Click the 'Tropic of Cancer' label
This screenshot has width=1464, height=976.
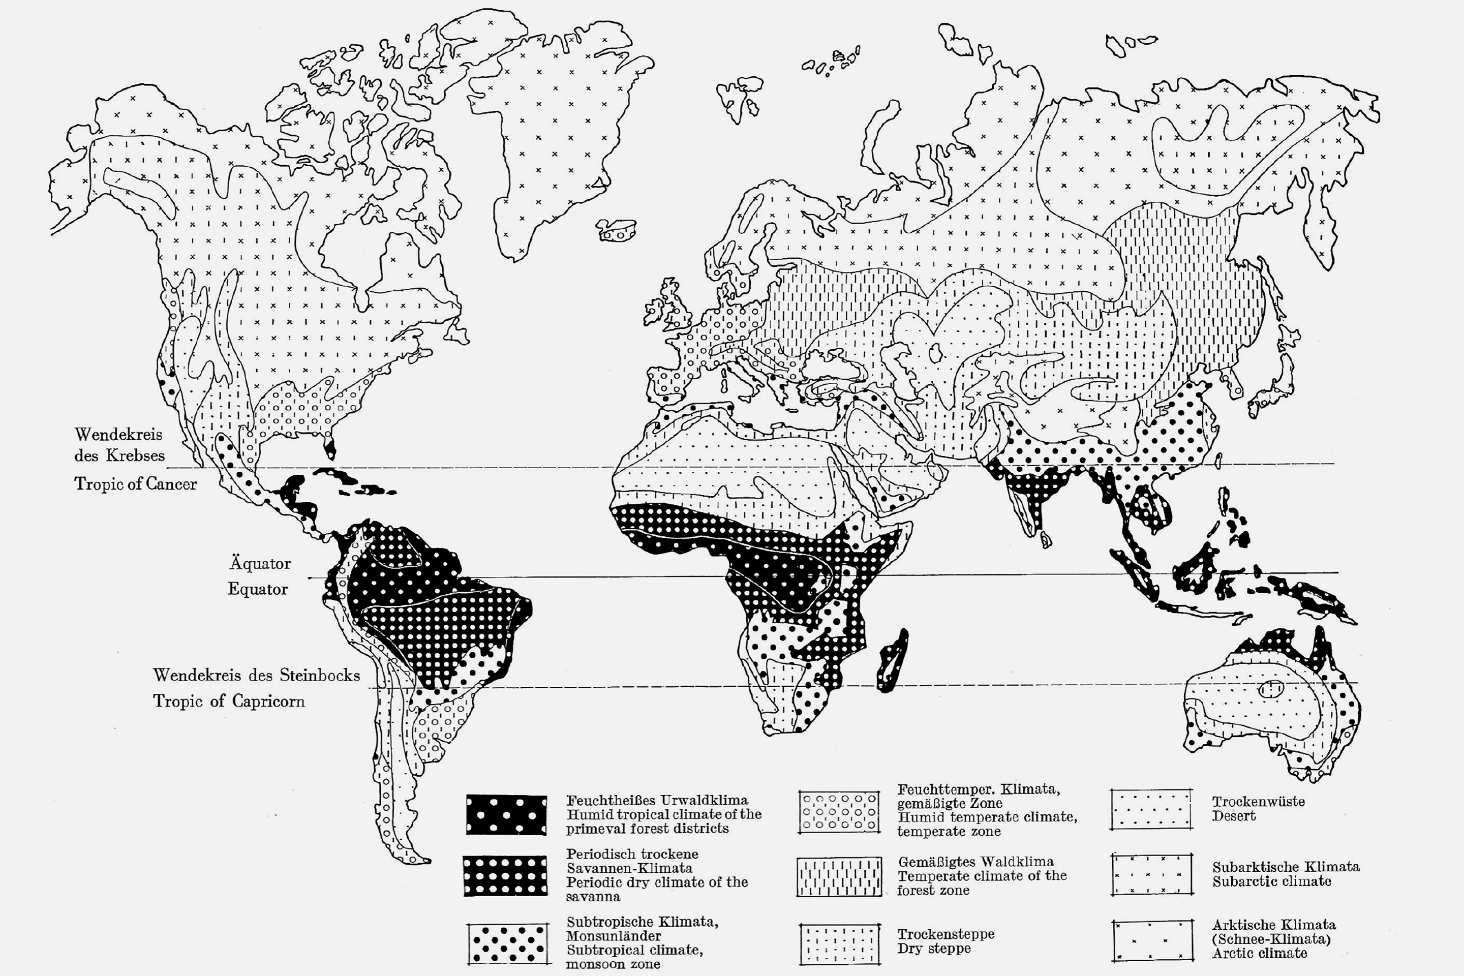tap(135, 483)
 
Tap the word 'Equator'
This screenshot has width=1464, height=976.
tap(258, 589)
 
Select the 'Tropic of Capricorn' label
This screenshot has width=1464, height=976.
tap(229, 701)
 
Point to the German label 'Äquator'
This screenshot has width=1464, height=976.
tap(260, 563)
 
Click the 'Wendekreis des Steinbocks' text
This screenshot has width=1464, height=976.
tap(256, 676)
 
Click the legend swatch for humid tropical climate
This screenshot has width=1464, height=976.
tap(507, 814)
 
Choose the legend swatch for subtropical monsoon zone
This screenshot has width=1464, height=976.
tap(508, 943)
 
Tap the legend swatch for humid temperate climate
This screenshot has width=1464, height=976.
tap(839, 812)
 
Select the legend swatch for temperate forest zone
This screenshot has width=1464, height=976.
tap(839, 876)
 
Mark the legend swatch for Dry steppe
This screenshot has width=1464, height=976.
tap(839, 943)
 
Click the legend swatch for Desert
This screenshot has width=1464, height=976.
tap(1151, 809)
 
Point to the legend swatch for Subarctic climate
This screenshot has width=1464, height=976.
tap(1151, 874)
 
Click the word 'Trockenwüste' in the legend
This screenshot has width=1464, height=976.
tap(1258, 801)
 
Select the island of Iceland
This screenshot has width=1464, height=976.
tap(616, 230)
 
